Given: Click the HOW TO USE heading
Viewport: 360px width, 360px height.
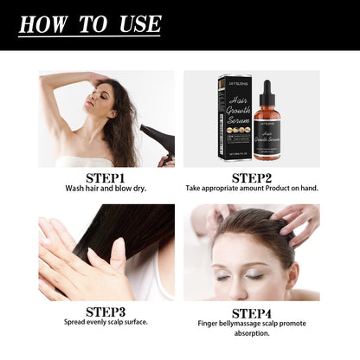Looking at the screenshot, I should click(x=90, y=24).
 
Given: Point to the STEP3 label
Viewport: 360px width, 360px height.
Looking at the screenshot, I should click(x=106, y=311).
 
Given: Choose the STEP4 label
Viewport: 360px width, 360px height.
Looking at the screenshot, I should click(x=250, y=311).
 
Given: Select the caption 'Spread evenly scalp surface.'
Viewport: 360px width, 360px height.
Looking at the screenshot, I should click(x=106, y=322).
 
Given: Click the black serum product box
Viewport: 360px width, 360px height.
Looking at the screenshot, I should click(x=234, y=121).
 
